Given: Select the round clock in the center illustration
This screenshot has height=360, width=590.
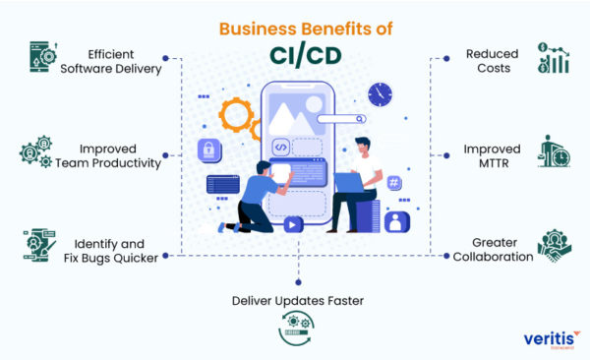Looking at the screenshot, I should click(x=379, y=94).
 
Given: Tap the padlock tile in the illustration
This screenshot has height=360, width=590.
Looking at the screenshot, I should click(x=208, y=150).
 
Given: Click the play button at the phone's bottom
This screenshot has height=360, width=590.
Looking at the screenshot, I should click(x=292, y=223).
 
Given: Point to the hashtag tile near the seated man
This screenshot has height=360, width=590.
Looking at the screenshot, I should click(x=393, y=183).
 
